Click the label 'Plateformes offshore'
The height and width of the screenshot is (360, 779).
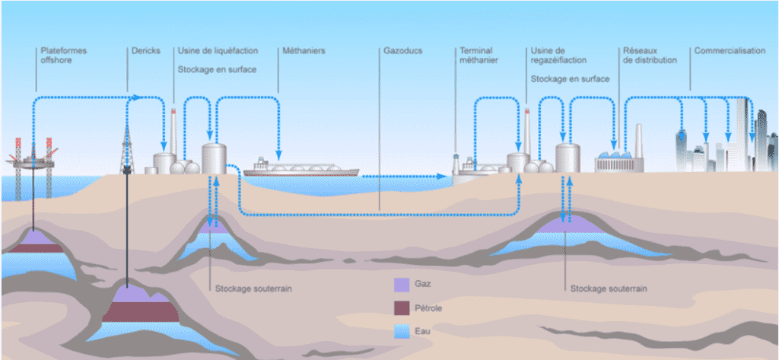click(x=63, y=55)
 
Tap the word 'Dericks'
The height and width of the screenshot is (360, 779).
click(x=145, y=51)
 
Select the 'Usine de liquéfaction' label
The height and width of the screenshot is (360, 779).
click(x=218, y=51)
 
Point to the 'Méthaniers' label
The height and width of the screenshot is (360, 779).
click(x=304, y=51)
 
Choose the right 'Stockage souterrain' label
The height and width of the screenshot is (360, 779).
click(x=609, y=289)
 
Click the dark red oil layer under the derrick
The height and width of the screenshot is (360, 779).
click(x=141, y=311)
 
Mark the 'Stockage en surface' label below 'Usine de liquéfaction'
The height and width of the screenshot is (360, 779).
click(x=217, y=68)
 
